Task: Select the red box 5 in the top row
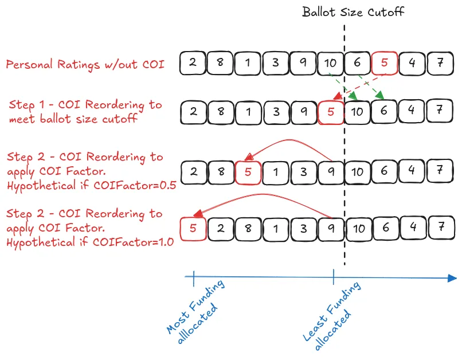click(x=385, y=63)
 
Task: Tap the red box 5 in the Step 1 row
click(x=330, y=112)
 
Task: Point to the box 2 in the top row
click(x=193, y=62)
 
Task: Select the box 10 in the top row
click(x=330, y=63)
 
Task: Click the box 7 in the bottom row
click(x=440, y=228)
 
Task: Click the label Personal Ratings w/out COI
click(x=85, y=64)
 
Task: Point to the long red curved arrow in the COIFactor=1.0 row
click(x=264, y=198)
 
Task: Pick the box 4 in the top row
click(x=412, y=63)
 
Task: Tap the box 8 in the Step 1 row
click(x=221, y=112)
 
